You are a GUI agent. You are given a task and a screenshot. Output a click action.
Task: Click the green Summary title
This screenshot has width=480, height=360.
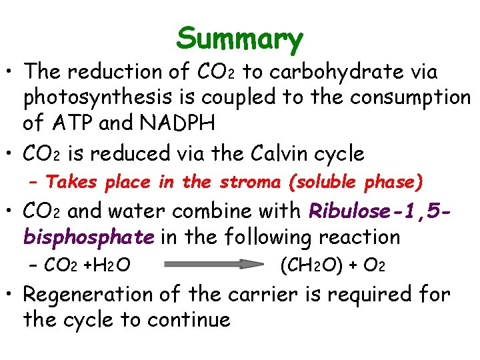(239, 39)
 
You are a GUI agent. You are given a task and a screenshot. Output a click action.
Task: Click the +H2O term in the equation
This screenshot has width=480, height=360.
(107, 265)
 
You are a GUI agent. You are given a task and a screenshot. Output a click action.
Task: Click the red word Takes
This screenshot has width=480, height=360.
(70, 182)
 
